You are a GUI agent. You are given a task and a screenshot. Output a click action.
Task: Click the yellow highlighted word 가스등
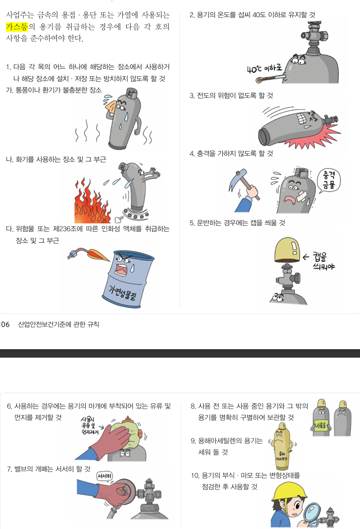[x=17, y=26]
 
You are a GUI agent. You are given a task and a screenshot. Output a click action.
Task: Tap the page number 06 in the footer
[x=5, y=324]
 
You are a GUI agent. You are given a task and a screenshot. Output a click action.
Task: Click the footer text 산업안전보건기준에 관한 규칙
[x=58, y=324]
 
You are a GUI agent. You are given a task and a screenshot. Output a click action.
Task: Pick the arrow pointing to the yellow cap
[x=307, y=257]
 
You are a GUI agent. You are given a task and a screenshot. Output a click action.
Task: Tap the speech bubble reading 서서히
[x=104, y=476]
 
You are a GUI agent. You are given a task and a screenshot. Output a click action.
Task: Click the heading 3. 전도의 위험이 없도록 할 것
[x=231, y=95]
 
